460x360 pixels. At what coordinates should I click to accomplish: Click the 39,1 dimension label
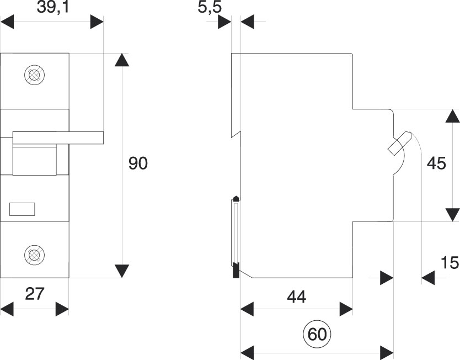click(52, 8)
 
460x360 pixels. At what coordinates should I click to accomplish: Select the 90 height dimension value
click(138, 163)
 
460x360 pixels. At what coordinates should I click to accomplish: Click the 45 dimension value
click(436, 164)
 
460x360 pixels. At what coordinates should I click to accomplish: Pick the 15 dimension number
click(450, 263)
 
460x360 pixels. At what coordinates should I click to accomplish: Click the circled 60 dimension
click(317, 335)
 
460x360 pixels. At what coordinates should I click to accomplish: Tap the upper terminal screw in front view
click(35, 75)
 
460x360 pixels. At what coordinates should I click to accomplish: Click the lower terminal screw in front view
click(35, 255)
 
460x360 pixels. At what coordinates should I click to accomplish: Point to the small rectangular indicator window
click(22, 209)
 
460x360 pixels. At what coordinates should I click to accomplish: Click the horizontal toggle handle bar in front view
click(58, 138)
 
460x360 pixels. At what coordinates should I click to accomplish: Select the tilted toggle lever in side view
click(399, 143)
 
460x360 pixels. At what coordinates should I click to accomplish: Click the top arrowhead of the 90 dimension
click(121, 60)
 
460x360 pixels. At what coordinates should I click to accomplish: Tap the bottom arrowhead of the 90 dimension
click(121, 271)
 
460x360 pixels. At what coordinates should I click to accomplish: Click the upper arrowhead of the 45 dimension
click(452, 117)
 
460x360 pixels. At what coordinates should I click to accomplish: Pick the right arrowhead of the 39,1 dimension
click(97, 23)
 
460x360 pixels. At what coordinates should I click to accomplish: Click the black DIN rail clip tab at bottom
click(236, 270)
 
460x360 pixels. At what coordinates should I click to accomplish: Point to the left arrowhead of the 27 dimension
click(8, 309)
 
